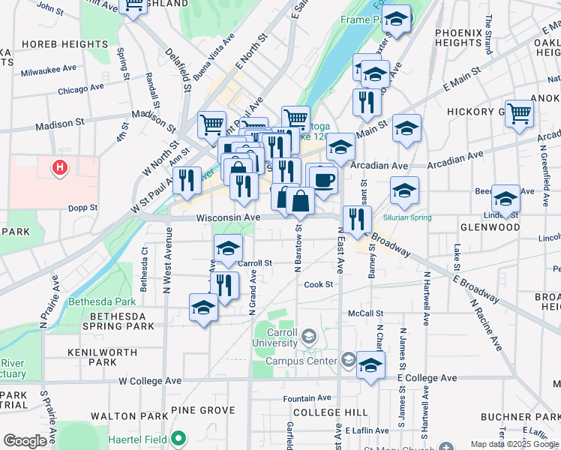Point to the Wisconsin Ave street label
point(228,217)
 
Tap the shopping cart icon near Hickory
point(519,114)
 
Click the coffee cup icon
point(324,180)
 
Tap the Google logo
point(25,441)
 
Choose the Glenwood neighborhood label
point(490,226)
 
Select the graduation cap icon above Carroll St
point(229,247)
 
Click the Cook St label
point(318,284)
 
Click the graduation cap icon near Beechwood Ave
point(505,199)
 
